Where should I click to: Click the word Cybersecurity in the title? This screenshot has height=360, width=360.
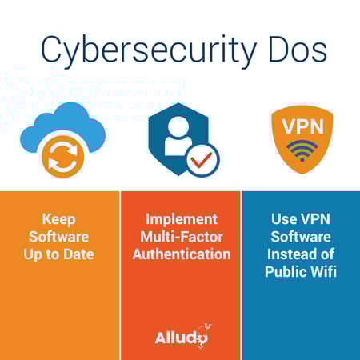click(x=149, y=51)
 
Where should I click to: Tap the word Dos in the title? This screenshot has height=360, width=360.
click(x=298, y=50)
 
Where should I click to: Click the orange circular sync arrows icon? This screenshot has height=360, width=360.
click(x=63, y=156)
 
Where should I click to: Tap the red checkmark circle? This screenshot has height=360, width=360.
click(x=202, y=160)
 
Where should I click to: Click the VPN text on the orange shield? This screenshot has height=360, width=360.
click(x=302, y=126)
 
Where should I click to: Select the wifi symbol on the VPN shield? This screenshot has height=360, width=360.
click(x=302, y=150)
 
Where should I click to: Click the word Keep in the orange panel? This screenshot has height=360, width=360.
click(x=59, y=220)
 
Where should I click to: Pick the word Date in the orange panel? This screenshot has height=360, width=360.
click(x=78, y=254)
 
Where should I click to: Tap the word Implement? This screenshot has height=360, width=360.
click(x=182, y=220)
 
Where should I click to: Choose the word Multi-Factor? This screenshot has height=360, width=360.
click(x=182, y=237)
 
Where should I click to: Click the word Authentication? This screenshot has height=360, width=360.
click(x=182, y=254)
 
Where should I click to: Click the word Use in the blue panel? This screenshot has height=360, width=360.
click(x=284, y=219)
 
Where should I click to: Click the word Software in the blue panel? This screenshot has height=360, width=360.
click(x=301, y=237)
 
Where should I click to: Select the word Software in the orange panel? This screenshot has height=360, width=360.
click(x=59, y=237)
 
